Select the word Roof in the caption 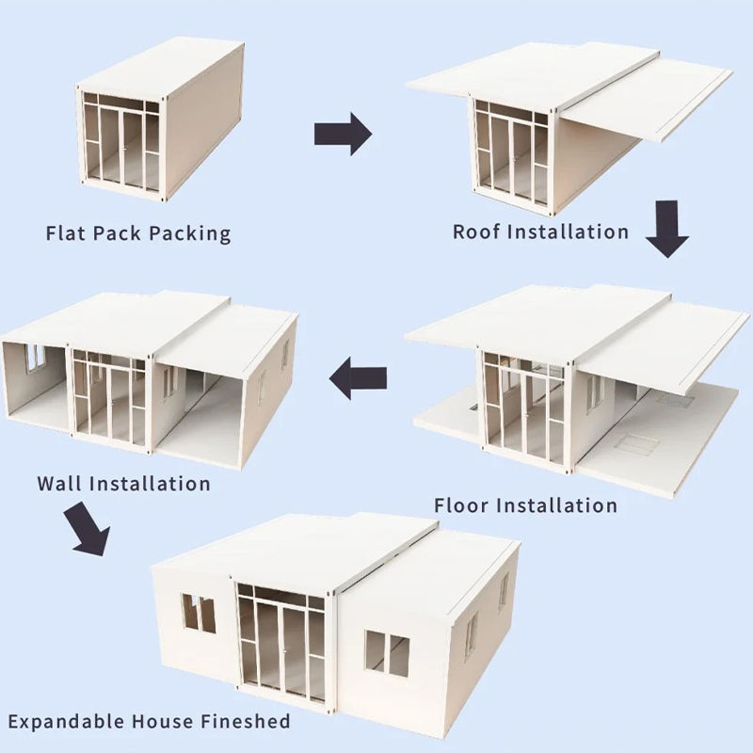[476, 231]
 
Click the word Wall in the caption [59, 484]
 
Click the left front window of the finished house [199, 614]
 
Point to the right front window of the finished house [387, 654]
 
